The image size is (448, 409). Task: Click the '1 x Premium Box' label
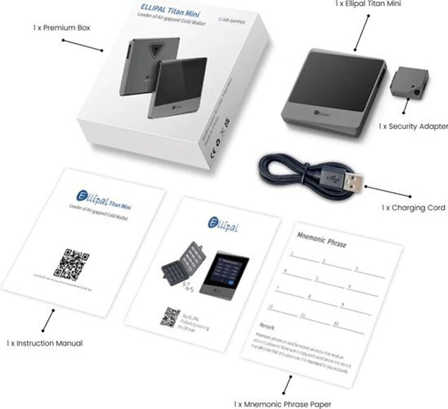point(62,28)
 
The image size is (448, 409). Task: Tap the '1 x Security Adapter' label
point(413,126)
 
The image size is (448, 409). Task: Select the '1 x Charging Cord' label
point(413,208)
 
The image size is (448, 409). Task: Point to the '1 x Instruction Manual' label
point(44,343)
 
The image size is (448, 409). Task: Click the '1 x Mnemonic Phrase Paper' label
point(282,403)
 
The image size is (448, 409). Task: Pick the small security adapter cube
point(409,83)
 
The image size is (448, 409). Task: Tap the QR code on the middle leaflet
point(170,317)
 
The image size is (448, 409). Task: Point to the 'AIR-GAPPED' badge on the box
point(231,21)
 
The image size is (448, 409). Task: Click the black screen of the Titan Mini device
point(338,83)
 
